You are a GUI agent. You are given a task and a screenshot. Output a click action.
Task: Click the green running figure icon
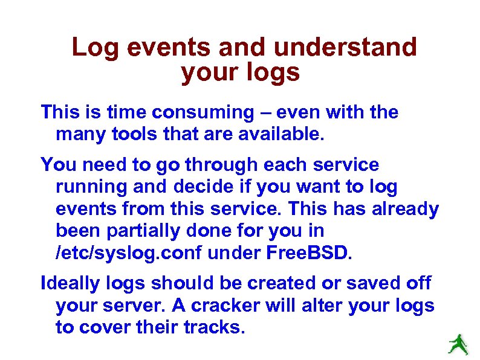[459, 345]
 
